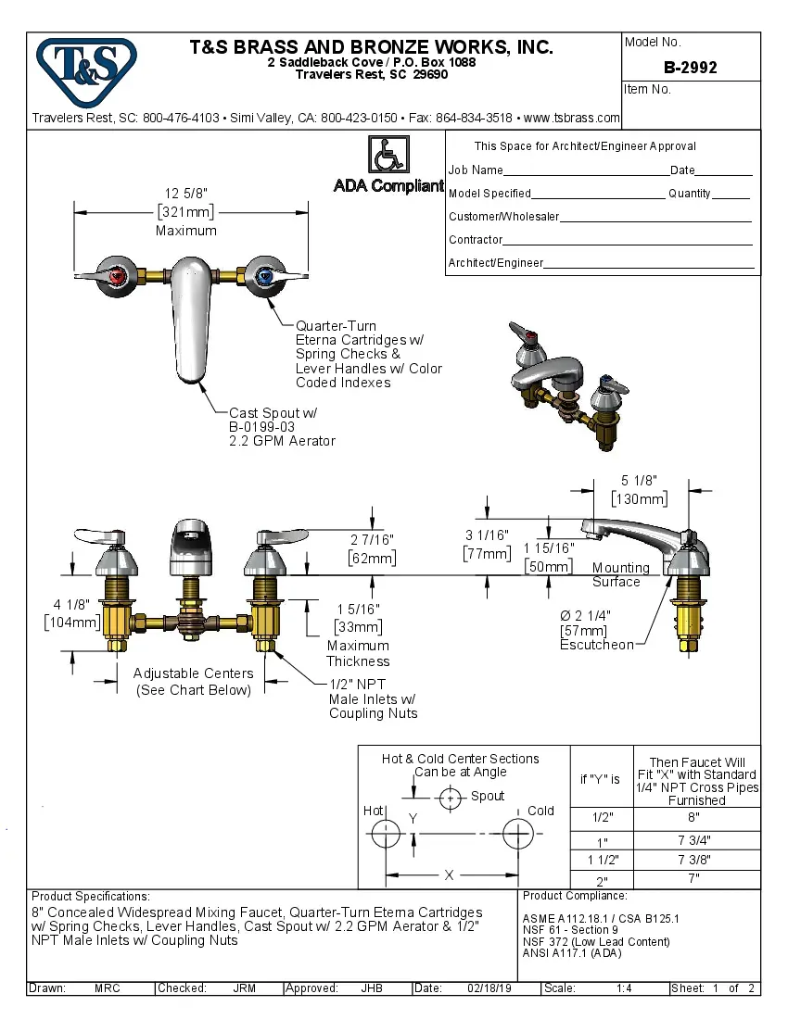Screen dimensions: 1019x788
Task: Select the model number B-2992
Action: [x=690, y=68]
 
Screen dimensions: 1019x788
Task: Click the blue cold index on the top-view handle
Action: [x=267, y=275]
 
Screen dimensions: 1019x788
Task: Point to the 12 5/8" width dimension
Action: [x=185, y=194]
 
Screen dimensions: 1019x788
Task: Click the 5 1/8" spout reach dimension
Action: [x=639, y=481]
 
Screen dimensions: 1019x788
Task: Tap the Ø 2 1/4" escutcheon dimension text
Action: [x=585, y=615]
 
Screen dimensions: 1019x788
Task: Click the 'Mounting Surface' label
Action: [x=620, y=574]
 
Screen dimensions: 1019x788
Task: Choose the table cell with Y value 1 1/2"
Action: [x=602, y=861]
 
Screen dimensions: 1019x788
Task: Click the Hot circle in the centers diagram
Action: [x=385, y=834]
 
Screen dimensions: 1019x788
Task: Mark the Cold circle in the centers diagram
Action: [x=517, y=834]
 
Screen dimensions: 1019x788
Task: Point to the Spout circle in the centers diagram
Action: [x=451, y=797]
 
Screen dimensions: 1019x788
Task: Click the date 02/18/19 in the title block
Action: [x=491, y=988]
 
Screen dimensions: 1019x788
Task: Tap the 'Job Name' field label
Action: [x=476, y=170]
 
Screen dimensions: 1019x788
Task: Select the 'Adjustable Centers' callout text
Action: [x=193, y=673]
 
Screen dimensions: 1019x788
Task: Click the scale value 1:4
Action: [x=624, y=988]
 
